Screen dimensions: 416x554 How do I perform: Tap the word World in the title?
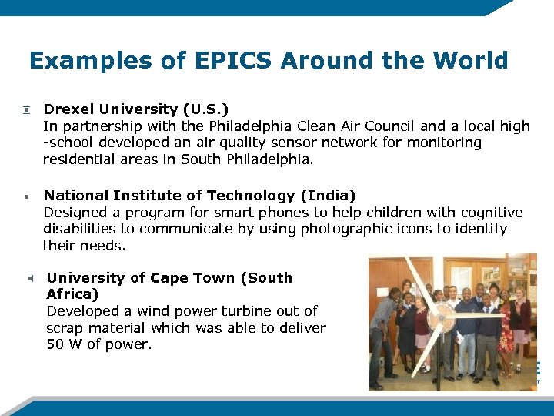pyautogui.click(x=470, y=61)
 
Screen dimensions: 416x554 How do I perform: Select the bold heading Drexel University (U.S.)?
pyautogui.click(x=135, y=109)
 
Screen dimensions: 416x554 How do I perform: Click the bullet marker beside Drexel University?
pyautogui.click(x=25, y=110)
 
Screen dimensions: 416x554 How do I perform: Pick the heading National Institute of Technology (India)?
pyautogui.click(x=199, y=196)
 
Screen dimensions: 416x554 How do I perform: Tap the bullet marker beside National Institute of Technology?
pyautogui.click(x=25, y=196)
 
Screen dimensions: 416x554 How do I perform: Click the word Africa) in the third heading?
pyautogui.click(x=72, y=294)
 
